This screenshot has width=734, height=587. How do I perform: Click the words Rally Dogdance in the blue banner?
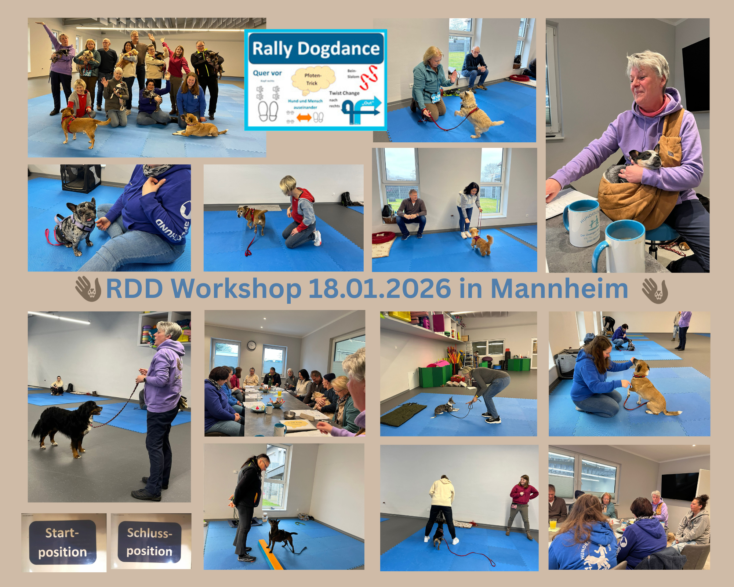(316, 48)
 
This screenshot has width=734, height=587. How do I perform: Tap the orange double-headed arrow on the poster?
(304, 118)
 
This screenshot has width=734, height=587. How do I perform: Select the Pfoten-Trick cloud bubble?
(313, 79)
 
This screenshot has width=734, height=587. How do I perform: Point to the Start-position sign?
(63, 542)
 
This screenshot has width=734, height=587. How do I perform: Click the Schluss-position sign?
(149, 542)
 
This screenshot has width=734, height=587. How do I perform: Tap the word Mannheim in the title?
(559, 289)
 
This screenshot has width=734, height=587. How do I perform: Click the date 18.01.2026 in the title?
(379, 289)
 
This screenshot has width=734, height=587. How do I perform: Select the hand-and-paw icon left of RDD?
(88, 289)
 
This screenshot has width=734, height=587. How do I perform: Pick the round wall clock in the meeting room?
(251, 345)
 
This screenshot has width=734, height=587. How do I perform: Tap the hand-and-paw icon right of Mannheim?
(655, 290)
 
